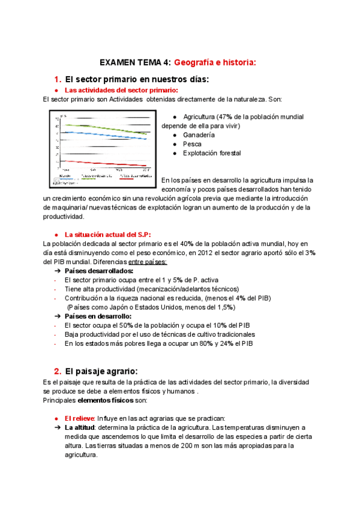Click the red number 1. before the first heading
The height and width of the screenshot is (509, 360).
[58, 79]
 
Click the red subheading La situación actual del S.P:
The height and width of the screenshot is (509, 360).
[107, 234]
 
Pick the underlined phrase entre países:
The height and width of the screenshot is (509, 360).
[148, 262]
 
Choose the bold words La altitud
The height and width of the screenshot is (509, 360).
[80, 427]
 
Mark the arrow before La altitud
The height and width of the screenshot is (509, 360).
[58, 427]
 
